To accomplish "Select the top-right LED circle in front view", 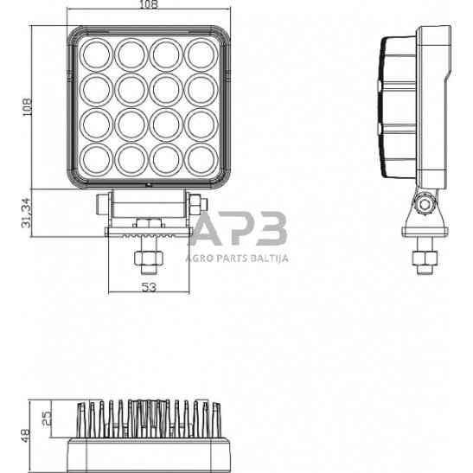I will pos(201,54).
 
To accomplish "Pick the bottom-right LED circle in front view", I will pos(201,157).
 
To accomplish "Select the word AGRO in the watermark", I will pos(200,257).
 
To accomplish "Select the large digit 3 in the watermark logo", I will pos(270,231).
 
